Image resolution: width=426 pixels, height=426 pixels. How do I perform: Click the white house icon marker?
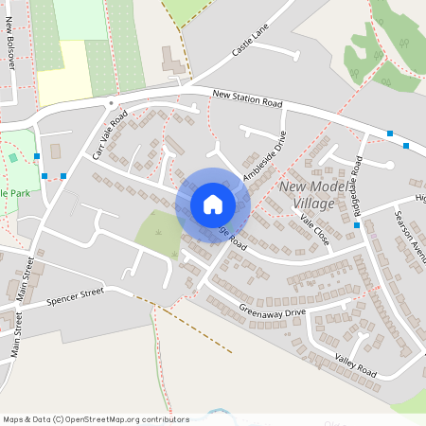[213, 204]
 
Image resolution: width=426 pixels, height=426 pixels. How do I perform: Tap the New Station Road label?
[248, 98]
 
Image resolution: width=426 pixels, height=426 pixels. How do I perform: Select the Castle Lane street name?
[251, 41]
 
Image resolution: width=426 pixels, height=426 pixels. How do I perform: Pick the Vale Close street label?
[314, 230]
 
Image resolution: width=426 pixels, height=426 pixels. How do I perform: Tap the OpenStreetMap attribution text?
[95, 419]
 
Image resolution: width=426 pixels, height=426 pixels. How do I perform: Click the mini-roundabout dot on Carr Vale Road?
[111, 101]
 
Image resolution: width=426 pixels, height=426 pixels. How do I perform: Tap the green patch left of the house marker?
[158, 234]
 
